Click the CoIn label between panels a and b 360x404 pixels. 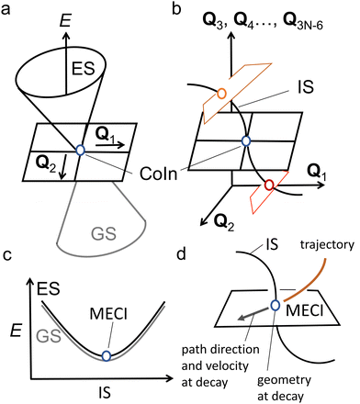[x=170, y=174]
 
